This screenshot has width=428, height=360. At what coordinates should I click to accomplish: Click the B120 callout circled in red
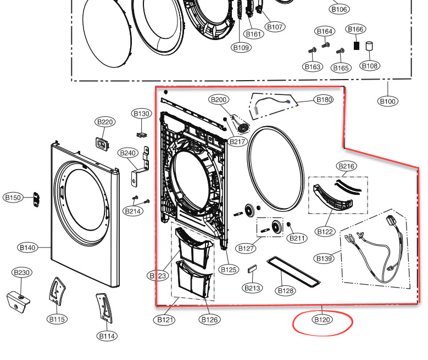click(322, 319)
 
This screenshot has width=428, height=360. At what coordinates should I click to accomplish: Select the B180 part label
click(323, 100)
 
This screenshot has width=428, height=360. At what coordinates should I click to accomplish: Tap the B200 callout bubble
click(219, 100)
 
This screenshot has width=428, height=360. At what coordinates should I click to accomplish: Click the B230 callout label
click(21, 273)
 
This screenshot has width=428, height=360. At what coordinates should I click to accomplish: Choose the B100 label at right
click(388, 101)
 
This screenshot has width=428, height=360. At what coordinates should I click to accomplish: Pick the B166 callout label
click(355, 29)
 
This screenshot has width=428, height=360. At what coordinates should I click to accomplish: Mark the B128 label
click(286, 290)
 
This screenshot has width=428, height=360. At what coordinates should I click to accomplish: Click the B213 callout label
click(252, 288)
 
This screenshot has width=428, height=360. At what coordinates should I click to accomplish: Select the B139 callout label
click(324, 258)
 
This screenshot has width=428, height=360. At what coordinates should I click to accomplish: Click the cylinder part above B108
click(370, 46)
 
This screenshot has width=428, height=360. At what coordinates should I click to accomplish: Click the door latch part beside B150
click(37, 199)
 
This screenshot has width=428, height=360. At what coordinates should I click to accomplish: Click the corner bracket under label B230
click(19, 300)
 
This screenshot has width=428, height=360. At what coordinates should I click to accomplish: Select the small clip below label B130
click(141, 133)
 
